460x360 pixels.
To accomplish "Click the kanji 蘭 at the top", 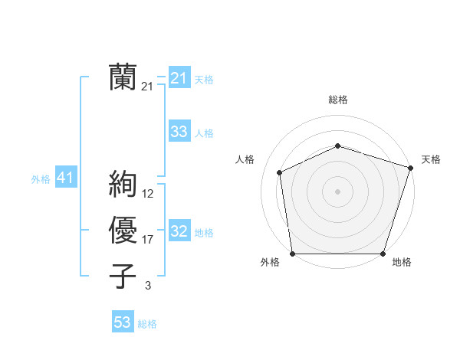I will pos(123,77).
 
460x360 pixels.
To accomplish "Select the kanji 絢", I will pos(123,185).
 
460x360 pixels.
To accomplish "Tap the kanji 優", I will pos(123,231).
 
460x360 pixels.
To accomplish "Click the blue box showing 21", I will pos(179,78).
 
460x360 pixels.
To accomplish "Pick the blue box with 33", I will pos(179,132).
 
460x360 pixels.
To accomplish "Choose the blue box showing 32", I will pos(179,231).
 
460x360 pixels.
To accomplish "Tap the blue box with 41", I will pos(65,178).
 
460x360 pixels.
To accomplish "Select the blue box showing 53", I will pos(123,322).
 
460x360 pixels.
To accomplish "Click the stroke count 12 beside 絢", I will pos(148,193).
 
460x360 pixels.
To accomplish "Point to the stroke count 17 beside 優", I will pos(148,240).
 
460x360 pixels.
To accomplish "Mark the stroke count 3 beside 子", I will pos(148,286).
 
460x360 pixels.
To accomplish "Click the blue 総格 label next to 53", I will pos(147,324).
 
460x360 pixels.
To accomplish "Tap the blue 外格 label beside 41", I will pos(41,179).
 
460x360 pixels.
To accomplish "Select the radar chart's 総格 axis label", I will pos(338,100).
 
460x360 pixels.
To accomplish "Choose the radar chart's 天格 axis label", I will pos(431,159).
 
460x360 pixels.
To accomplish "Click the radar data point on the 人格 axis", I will pos(280,172).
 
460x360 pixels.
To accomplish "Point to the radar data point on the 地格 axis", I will pos(383,254).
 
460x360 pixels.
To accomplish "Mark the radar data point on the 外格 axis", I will pos(293,254).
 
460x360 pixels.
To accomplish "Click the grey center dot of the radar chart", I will pos(337,191).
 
